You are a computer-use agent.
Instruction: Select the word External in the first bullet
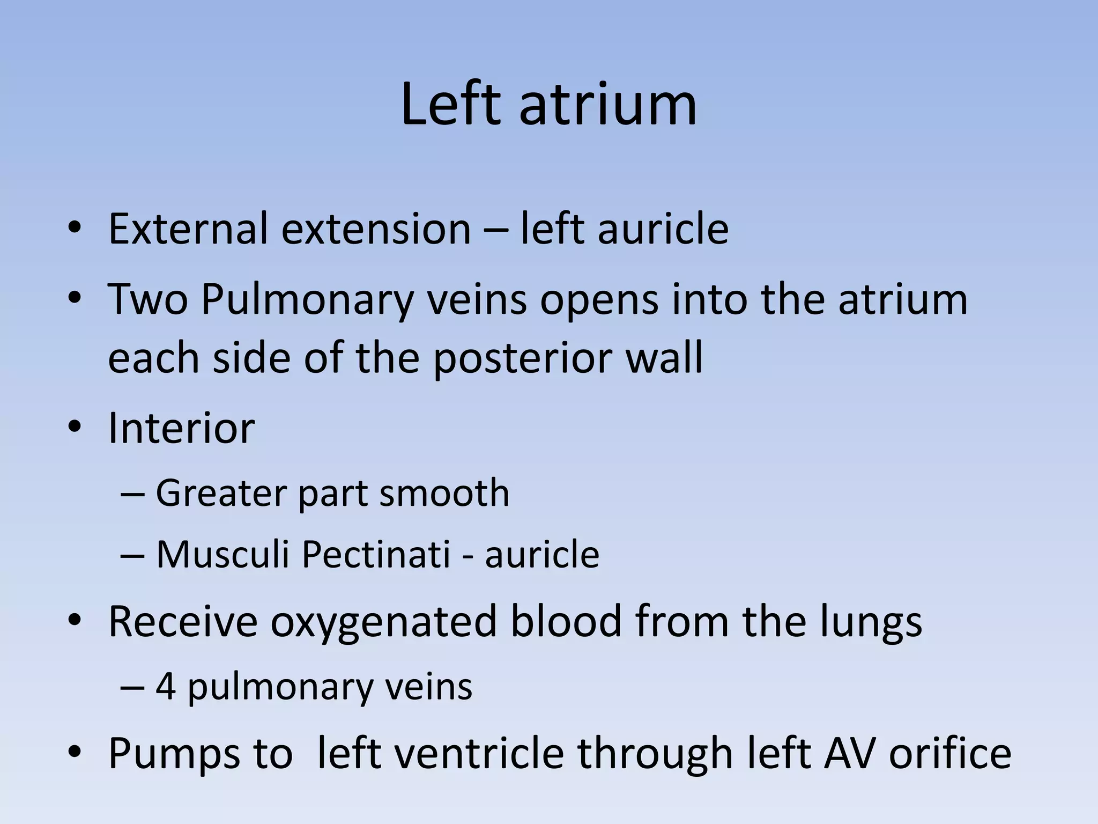tap(188, 229)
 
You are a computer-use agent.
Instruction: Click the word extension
tap(376, 229)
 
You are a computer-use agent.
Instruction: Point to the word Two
tap(148, 299)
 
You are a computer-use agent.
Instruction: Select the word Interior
tap(181, 428)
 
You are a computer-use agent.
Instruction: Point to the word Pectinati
tap(376, 554)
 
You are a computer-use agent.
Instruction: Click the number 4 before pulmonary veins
tap(166, 686)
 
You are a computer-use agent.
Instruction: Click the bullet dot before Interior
tap(75, 428)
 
